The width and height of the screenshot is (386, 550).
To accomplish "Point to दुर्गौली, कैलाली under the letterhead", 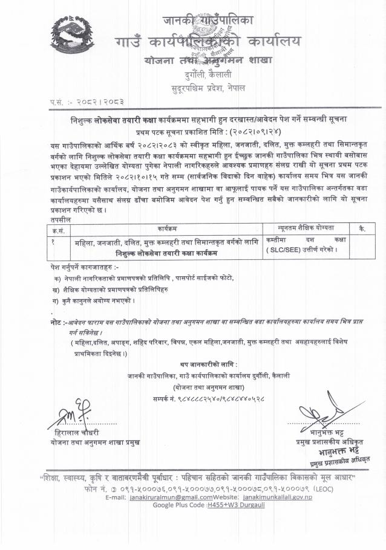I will click(208, 76).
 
